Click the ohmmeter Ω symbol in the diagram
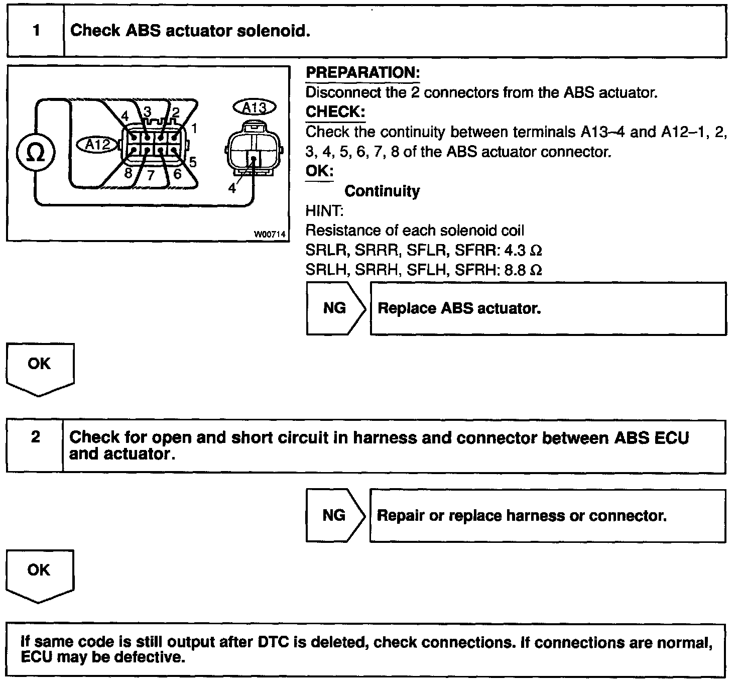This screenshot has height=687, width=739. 35,153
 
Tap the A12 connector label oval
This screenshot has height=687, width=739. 97,145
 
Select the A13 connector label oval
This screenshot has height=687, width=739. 255,107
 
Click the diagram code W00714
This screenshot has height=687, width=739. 270,234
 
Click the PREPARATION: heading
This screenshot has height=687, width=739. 362,73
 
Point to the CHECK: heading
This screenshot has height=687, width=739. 335,111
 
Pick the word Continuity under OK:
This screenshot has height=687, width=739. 382,191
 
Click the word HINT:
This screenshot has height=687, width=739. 324,211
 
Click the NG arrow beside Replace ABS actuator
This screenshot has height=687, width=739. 335,308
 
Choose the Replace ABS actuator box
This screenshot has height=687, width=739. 548,308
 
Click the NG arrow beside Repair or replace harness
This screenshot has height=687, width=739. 335,515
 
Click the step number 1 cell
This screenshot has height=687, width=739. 36,31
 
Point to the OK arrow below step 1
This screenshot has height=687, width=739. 40,365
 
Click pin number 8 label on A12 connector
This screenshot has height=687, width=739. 128,172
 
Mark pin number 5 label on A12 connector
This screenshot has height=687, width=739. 192,162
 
